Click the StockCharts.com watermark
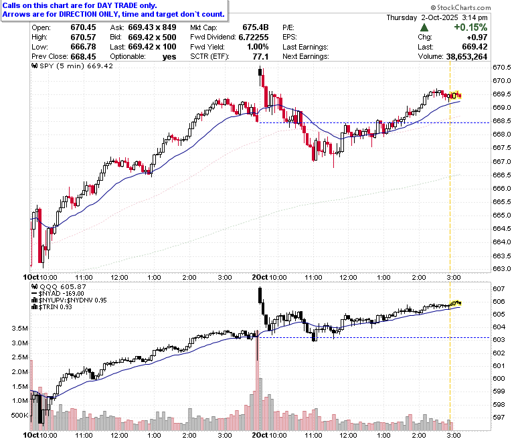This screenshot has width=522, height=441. (x=460, y=7)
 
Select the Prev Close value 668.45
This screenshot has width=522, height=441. (x=83, y=57)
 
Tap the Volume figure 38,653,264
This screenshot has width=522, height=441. (x=466, y=57)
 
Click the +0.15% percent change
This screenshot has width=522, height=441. (x=470, y=27)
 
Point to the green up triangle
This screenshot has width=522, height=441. (x=424, y=27)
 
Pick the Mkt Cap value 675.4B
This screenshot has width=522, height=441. (x=256, y=27)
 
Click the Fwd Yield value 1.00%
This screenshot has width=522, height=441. (x=258, y=47)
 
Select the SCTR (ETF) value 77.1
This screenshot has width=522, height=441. (x=261, y=57)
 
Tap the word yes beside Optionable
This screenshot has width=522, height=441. (x=169, y=57)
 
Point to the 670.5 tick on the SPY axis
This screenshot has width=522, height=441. (x=502, y=68)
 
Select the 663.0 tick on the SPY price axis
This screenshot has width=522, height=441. (x=502, y=268)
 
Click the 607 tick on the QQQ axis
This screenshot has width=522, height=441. (x=499, y=288)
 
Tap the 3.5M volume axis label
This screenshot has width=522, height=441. (x=19, y=328)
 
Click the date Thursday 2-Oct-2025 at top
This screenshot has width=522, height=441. (x=422, y=17)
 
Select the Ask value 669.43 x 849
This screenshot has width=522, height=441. (x=152, y=27)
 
